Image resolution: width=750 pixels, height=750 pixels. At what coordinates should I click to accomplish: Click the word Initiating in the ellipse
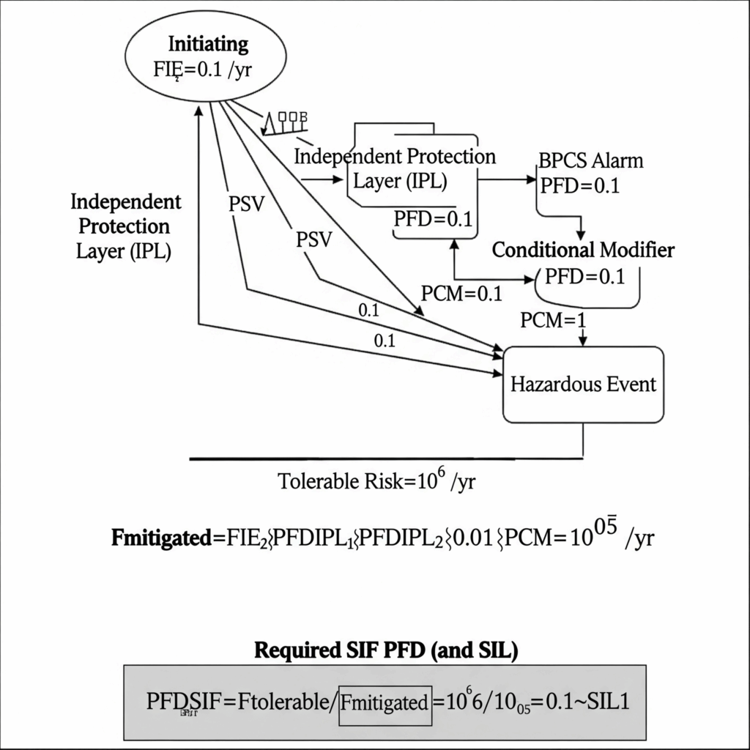pos(209,43)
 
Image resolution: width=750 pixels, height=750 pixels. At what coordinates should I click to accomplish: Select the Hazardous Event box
pos(584,384)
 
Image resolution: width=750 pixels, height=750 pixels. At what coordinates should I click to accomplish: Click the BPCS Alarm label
pos(591,160)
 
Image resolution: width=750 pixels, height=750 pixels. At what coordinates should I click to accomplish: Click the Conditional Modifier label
pos(583,250)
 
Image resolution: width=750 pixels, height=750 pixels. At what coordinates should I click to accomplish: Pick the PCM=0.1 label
pos(462,294)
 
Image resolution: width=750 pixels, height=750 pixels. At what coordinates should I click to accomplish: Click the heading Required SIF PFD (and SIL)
pos(385,650)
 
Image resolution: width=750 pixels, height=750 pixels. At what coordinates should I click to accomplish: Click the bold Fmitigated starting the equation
pos(160,538)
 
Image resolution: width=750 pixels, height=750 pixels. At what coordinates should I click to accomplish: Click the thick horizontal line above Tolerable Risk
pos(386,458)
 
